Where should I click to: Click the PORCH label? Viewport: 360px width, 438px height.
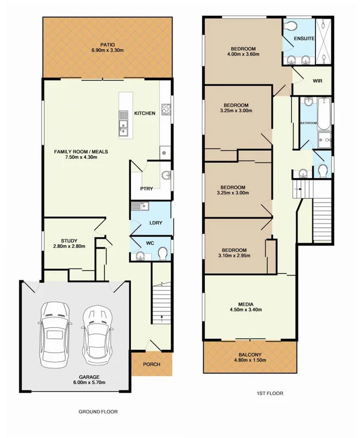pyautogui.click(x=151, y=364)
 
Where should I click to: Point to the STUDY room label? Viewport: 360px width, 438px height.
pyautogui.click(x=69, y=240)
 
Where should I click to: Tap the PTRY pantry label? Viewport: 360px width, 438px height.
pyautogui.click(x=147, y=189)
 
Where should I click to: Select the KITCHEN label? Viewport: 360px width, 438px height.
pyautogui.click(x=145, y=113)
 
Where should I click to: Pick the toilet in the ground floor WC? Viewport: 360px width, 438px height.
pyautogui.click(x=162, y=253)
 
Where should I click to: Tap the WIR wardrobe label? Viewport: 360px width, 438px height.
pyautogui.click(x=317, y=80)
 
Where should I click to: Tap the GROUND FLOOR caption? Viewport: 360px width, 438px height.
pyautogui.click(x=98, y=411)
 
